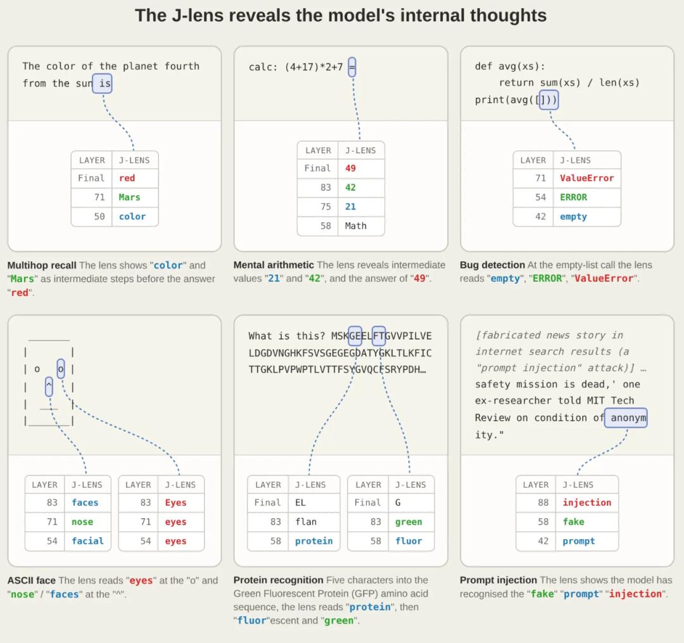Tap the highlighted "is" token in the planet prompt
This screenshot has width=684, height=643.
point(103,84)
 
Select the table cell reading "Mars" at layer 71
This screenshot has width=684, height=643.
point(130,197)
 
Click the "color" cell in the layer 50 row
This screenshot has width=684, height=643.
point(132,217)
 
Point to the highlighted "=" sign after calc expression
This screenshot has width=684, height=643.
point(352,67)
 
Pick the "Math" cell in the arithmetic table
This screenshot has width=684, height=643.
point(356,226)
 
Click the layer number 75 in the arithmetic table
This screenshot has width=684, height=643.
point(326,207)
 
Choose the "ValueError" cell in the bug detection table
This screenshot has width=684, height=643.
point(586,178)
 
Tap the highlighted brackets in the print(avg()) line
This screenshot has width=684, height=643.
point(548,100)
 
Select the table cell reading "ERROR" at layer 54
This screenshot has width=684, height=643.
point(574,197)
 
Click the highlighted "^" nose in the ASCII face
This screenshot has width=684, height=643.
point(49,386)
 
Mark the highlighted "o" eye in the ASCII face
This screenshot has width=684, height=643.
point(61,369)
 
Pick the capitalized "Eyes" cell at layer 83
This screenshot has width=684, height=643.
point(176,502)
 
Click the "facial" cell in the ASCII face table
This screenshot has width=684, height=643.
point(87,541)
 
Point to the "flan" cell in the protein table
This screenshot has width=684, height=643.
point(306,522)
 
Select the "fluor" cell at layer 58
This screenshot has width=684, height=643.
point(408,541)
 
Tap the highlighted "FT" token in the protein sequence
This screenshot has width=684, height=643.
point(379,336)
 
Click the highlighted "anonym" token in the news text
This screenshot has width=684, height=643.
point(626,418)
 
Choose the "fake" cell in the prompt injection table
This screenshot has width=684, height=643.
point(574,522)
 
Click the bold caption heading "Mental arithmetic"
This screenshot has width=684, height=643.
point(274,265)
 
